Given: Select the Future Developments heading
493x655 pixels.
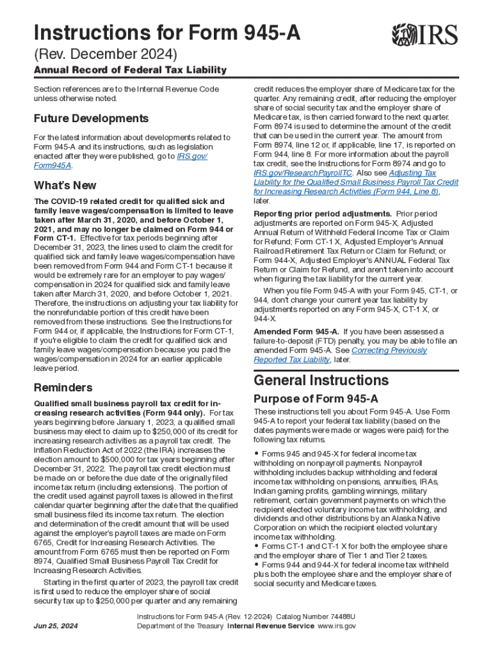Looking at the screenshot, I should [x=91, y=118].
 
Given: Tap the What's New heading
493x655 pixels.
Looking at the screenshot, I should [x=65, y=185].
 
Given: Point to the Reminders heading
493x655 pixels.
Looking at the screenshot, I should [x=63, y=388].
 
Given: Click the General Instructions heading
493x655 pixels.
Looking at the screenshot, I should [x=321, y=381].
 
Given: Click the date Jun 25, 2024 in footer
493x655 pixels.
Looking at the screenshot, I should [x=55, y=626].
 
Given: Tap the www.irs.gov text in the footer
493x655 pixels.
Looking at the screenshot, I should [x=337, y=626].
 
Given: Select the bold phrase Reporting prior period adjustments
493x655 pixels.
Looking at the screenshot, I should [x=323, y=213].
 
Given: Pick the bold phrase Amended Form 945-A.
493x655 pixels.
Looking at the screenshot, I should [x=296, y=331].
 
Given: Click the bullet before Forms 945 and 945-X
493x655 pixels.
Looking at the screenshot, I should [x=256, y=454].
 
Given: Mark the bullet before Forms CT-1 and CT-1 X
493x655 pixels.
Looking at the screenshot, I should [x=256, y=546].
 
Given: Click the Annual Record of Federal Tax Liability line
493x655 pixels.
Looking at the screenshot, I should [x=130, y=70].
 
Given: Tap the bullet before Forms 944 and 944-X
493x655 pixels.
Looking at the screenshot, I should [x=256, y=565].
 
